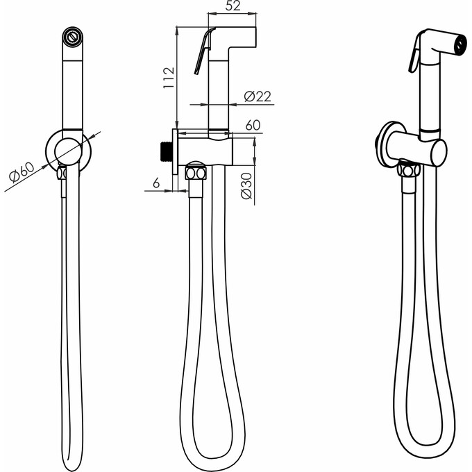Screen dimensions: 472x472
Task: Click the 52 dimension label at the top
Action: tap(233, 6)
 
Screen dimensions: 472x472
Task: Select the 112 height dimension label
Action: tap(169, 78)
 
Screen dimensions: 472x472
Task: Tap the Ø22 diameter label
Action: tap(258, 96)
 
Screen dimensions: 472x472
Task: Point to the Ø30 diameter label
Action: tap(246, 186)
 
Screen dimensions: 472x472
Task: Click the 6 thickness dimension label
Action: tap(156, 183)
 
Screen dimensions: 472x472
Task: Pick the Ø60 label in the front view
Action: tap(22, 172)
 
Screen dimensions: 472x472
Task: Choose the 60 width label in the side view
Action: tap(253, 125)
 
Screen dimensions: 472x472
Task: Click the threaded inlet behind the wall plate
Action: tap(167, 152)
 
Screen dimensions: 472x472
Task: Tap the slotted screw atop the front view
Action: tap(72, 37)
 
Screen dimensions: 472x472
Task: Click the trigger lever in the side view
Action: tap(203, 51)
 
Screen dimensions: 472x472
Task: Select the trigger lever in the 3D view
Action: tap(415, 54)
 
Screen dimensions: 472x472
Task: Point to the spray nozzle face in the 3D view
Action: tap(460, 45)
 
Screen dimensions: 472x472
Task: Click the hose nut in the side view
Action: tap(196, 174)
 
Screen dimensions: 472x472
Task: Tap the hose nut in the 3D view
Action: tap(408, 170)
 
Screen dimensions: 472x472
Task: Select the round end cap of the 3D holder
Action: tap(439, 152)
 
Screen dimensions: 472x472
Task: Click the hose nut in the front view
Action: tap(62, 173)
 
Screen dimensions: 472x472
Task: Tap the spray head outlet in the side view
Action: tap(243, 37)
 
